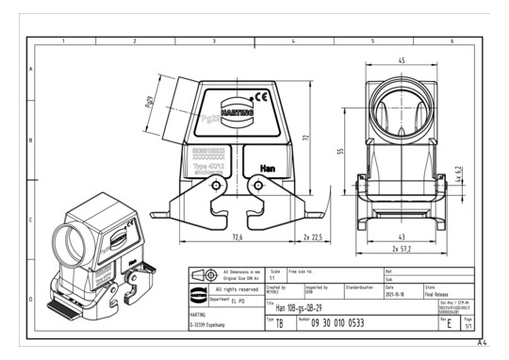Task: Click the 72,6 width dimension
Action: tap(238, 237)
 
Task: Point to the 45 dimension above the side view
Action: tap(401, 61)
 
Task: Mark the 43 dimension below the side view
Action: tap(401, 236)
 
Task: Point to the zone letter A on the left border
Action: tap(31, 70)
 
